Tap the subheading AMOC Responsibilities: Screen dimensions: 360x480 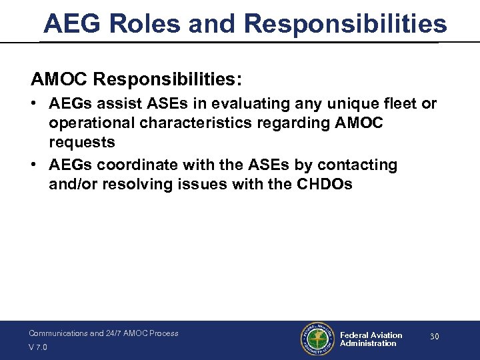point(137,79)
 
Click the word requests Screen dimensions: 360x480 point(81,142)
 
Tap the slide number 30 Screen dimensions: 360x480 point(434,337)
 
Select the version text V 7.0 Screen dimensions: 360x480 point(38,347)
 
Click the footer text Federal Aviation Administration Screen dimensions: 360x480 point(371,339)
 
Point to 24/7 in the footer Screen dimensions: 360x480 point(114,333)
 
